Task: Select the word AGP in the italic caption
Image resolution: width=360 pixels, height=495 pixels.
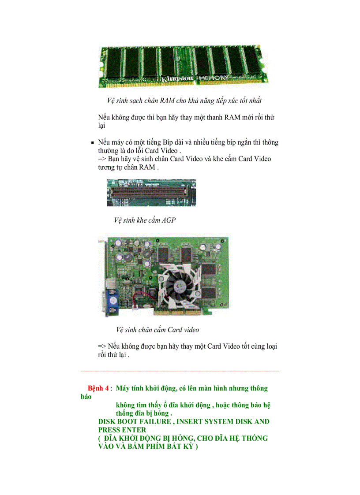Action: [x=168, y=220]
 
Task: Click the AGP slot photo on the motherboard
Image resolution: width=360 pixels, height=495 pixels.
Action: [x=151, y=193]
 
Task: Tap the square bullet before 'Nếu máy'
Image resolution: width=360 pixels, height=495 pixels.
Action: [x=93, y=143]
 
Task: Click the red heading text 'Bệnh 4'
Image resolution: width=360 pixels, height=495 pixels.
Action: [x=98, y=388]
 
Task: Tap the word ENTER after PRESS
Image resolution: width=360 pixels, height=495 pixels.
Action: [x=133, y=429]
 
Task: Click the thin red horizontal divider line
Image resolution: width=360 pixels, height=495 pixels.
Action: [x=180, y=371]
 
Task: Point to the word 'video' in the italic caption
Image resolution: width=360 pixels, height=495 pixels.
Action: [x=191, y=330]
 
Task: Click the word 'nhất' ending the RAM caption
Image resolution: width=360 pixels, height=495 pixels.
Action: [x=259, y=100]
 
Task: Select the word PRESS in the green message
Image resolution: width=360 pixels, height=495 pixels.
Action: [x=110, y=429]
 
